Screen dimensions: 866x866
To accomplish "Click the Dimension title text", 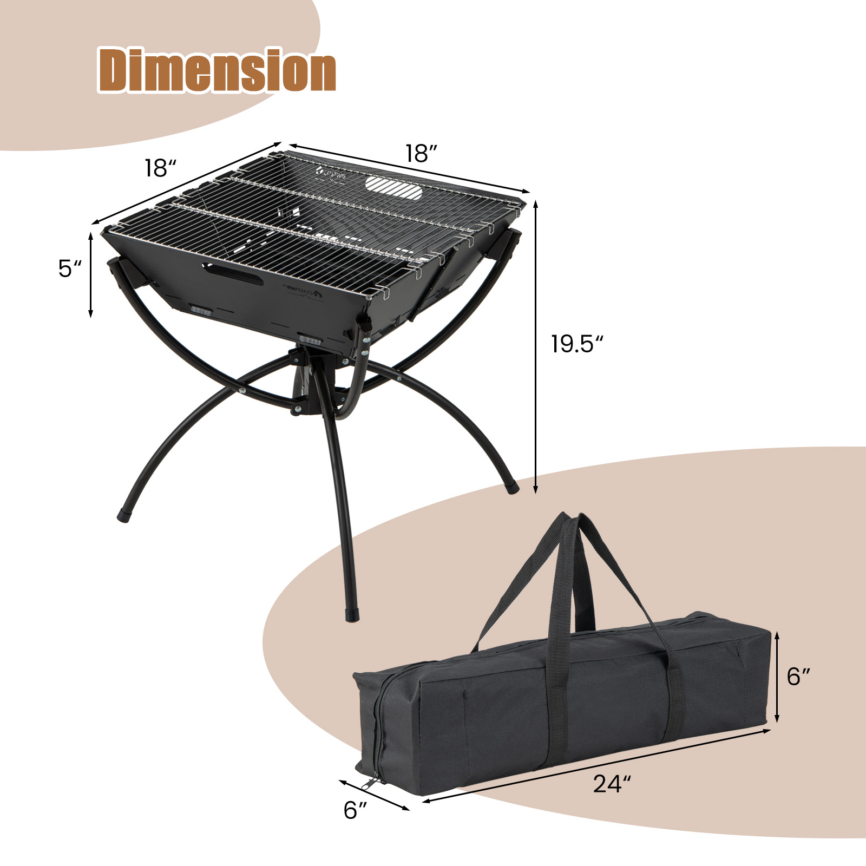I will tap(217, 70).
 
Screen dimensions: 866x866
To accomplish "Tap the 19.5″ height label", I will tap(576, 344).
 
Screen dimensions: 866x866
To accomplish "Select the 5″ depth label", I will tap(70, 268).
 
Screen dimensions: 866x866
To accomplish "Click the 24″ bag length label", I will tap(612, 784).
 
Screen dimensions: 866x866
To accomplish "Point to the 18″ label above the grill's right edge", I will tap(421, 154).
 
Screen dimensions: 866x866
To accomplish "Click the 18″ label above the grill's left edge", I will tap(160, 168).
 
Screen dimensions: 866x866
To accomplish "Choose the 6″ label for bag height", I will tap(798, 677).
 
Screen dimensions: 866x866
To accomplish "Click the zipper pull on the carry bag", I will tap(370, 783).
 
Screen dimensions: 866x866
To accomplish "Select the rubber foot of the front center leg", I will tap(352, 616).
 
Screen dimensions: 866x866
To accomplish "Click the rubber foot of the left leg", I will tap(123, 515).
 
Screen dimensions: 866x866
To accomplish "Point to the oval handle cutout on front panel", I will tap(233, 275).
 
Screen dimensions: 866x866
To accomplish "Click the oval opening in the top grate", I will tap(393, 187).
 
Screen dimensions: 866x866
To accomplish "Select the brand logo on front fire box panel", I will tap(303, 293).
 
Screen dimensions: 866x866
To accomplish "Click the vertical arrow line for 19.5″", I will tap(536, 346).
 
